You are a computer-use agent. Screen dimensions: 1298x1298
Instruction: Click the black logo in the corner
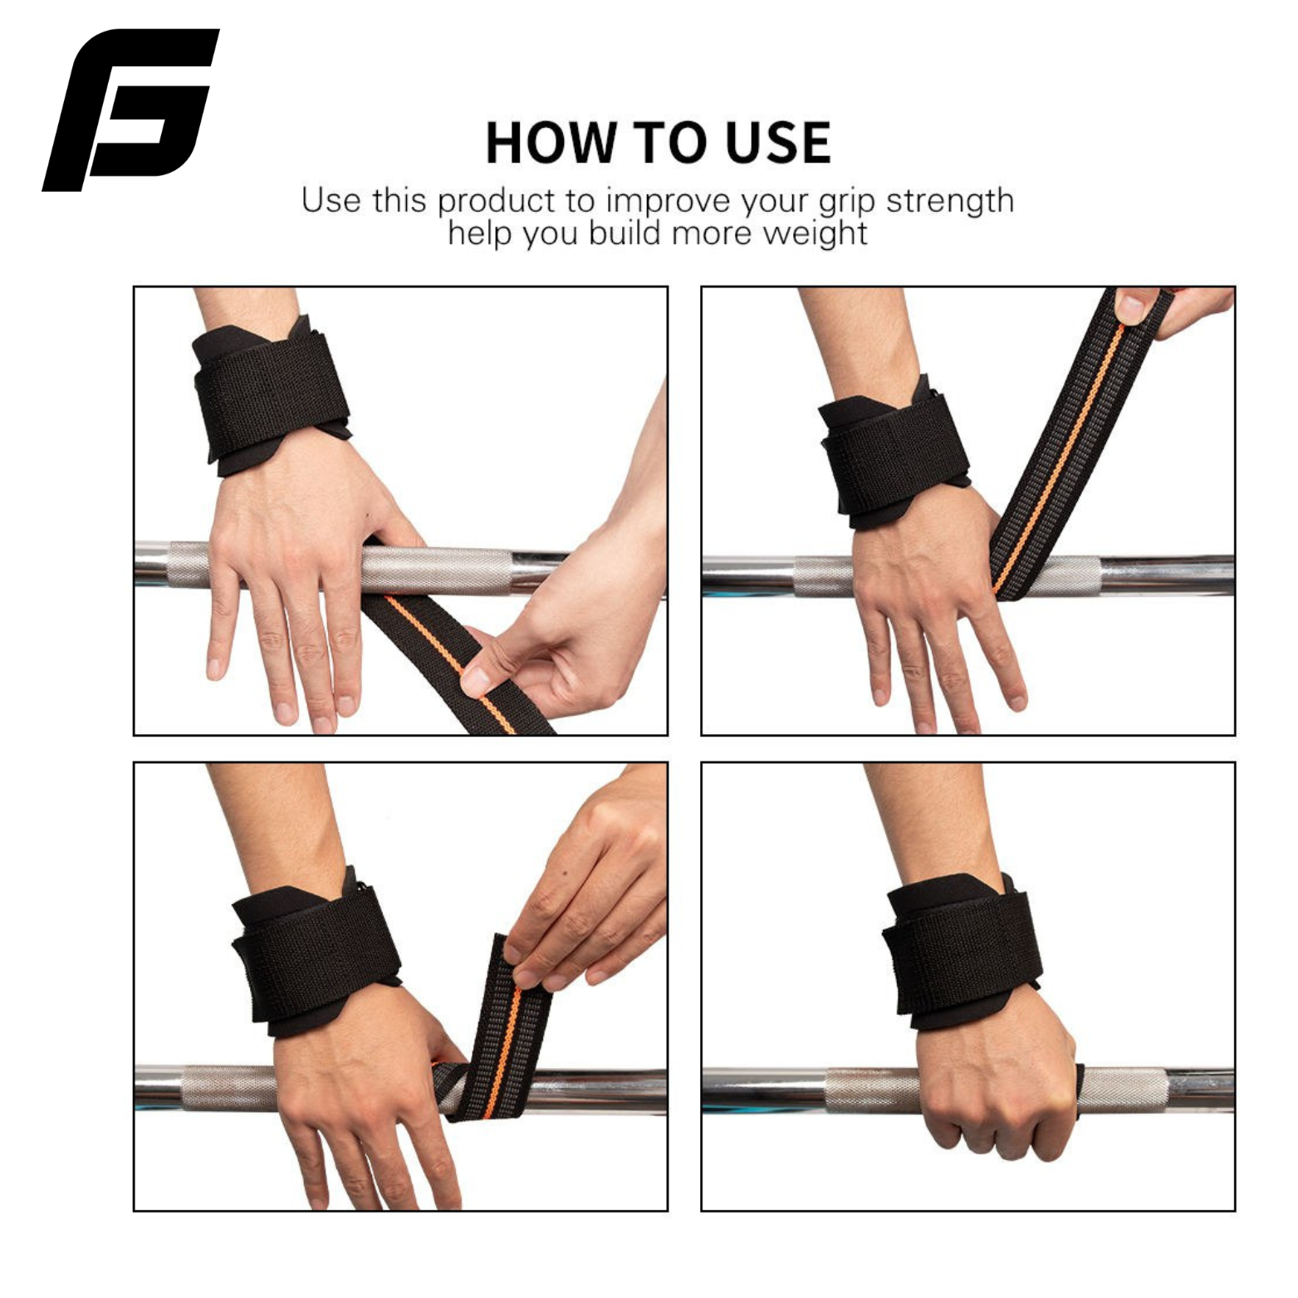tap(131, 110)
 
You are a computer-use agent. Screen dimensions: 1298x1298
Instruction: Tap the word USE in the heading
tap(778, 142)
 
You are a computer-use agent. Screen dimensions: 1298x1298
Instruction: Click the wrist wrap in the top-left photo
tap(270, 396)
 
